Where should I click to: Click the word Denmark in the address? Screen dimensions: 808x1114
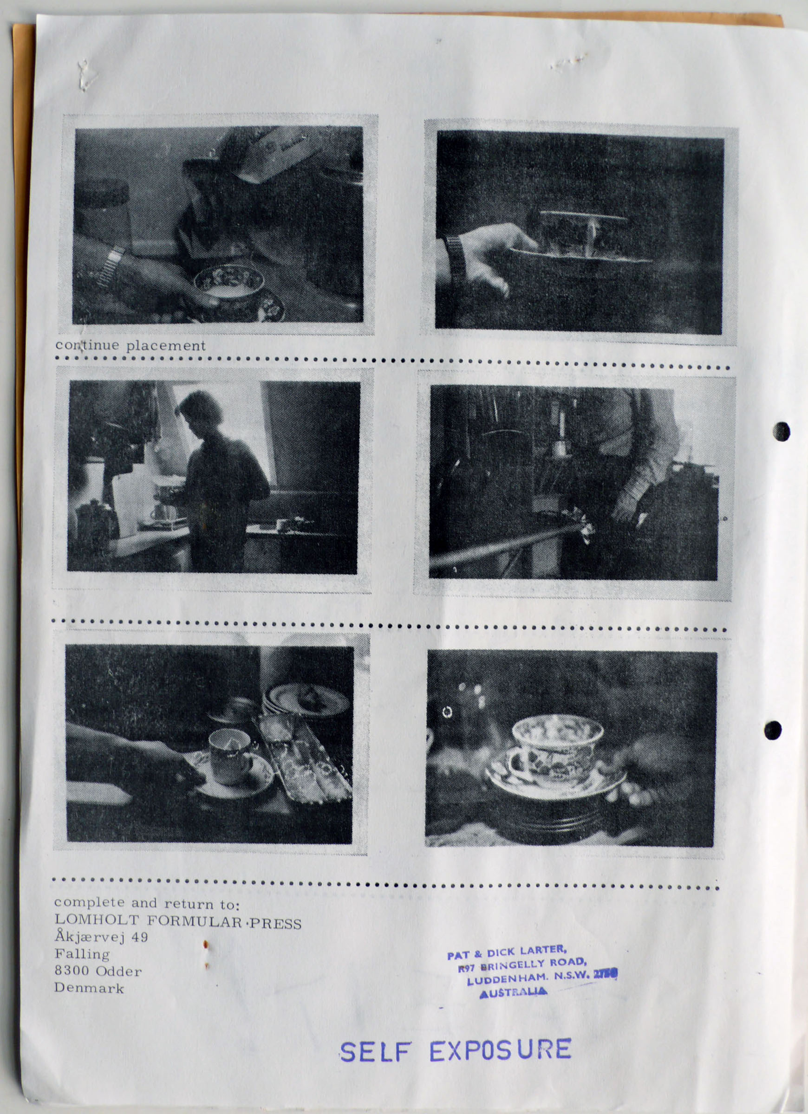pos(89,988)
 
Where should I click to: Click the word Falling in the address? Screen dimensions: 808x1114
pos(82,954)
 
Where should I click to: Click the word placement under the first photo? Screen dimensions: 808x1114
pos(166,346)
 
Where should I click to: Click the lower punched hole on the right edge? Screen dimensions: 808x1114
pos(773,731)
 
